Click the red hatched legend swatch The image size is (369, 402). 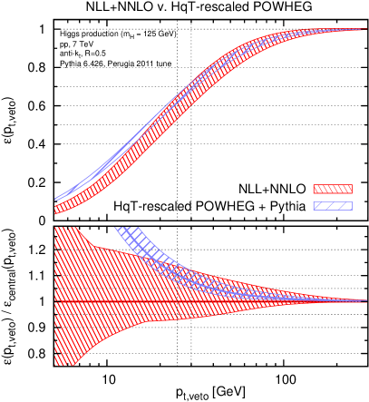pyautogui.click(x=333, y=189)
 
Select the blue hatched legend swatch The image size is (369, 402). pyautogui.click(x=333, y=206)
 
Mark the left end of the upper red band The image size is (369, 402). pyautogui.click(x=55, y=210)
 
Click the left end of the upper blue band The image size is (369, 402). pyautogui.click(x=55, y=198)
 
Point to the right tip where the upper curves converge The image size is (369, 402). pyautogui.click(x=363, y=29)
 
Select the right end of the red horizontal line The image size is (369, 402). pyautogui.click(x=366, y=300)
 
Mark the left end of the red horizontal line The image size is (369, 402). pyautogui.click(x=54, y=300)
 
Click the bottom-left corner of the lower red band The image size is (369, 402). pyautogui.click(x=55, y=365)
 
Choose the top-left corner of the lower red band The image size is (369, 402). pyautogui.click(x=55, y=228)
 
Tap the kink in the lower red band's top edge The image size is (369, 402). pyautogui.click(x=93, y=246)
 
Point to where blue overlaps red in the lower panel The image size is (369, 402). pyautogui.click(x=209, y=280)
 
